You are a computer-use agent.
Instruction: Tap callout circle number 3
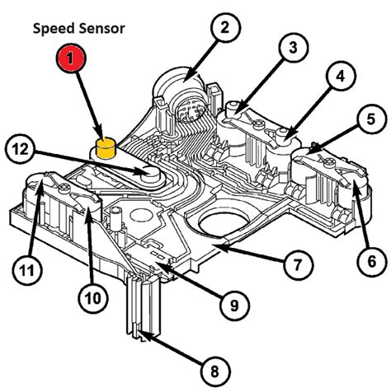click(x=291, y=49)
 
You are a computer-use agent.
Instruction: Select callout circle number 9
click(x=233, y=305)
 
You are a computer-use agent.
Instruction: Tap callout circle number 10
click(x=92, y=295)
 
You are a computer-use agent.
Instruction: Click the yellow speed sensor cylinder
click(x=105, y=149)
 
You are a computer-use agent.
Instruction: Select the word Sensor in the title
click(x=102, y=28)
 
